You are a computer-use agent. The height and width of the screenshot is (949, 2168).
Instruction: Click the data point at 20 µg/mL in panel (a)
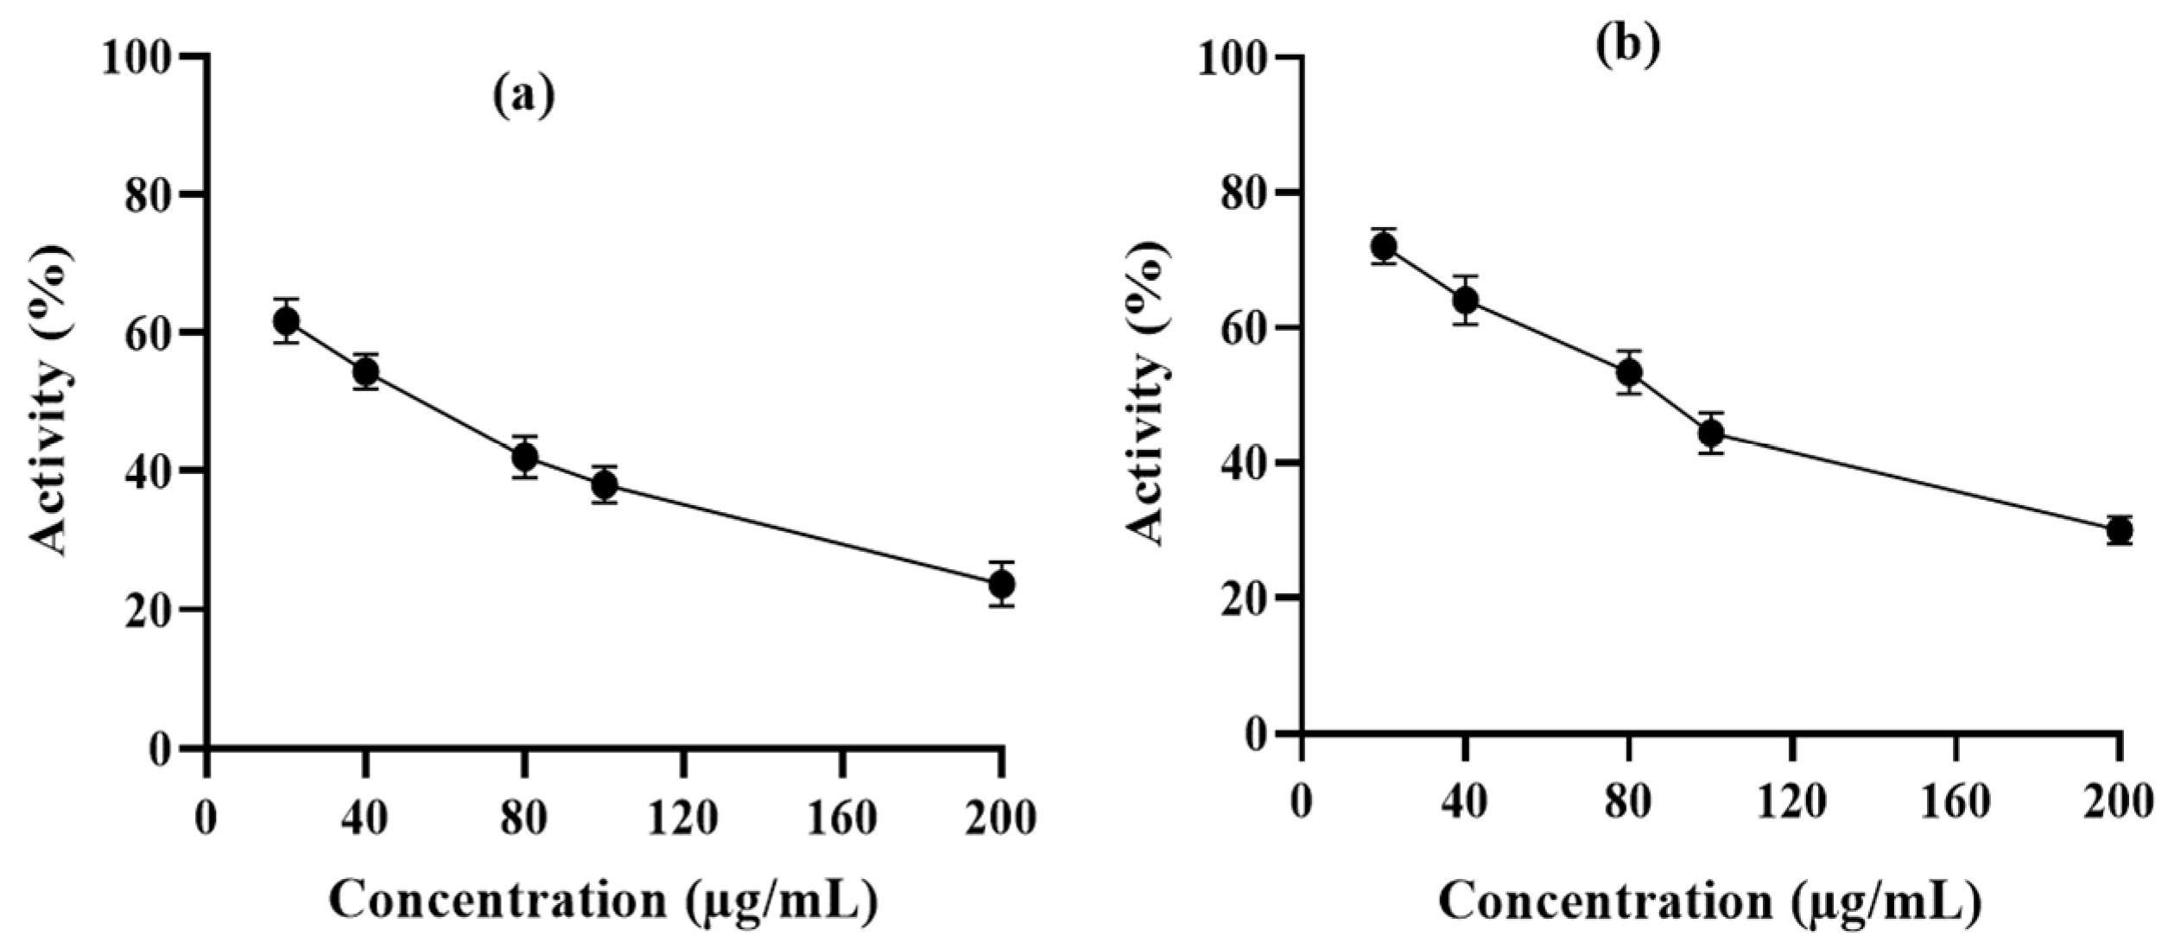[286, 321]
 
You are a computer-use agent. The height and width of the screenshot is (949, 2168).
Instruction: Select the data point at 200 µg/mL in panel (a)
[1001, 585]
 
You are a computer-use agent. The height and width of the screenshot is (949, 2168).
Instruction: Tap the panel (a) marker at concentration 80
[524, 457]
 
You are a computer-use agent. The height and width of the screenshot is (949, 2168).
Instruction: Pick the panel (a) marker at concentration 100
[605, 485]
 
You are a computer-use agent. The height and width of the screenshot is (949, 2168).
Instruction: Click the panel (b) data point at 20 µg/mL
[1384, 247]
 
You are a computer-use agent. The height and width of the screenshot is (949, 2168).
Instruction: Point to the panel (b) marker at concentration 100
[1711, 433]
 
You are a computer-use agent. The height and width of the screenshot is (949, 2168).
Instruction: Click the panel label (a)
[523, 97]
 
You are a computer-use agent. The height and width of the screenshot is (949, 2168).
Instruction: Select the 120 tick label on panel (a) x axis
[683, 817]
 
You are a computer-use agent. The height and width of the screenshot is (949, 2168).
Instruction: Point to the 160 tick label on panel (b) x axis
[1956, 804]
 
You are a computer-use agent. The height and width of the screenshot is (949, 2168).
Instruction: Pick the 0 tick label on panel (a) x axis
[206, 817]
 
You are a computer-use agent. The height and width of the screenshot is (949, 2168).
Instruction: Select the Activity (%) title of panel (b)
[1148, 393]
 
